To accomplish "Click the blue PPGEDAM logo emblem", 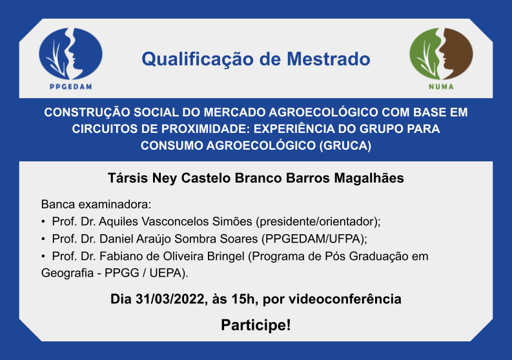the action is tap(70, 54).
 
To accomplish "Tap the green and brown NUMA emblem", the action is tap(441, 54).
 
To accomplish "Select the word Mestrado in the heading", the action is tap(329, 59).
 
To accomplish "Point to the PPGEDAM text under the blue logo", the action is tap(71, 86).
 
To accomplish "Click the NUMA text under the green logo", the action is tap(441, 86).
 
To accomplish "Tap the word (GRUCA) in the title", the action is tap(345, 146).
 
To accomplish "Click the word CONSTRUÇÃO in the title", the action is tap(87, 113).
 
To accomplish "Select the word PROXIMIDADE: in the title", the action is tap(206, 129).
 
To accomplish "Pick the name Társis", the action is tap(128, 178).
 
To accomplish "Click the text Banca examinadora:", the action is tap(96, 205).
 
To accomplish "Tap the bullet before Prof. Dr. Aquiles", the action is tap(43, 222).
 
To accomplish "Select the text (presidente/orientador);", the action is tap(318, 222).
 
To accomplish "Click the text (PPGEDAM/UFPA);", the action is tap(314, 239).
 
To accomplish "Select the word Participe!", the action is tap(256, 325).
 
